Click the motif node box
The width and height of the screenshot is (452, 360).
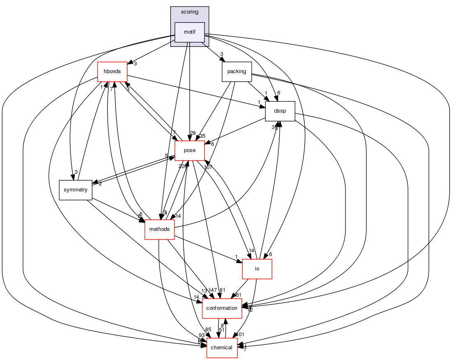coord(190,32)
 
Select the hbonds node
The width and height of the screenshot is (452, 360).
coord(112,72)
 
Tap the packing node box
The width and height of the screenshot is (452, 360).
coord(236,72)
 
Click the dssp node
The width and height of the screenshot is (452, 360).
coord(280,111)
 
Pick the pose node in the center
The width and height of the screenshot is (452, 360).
coord(190,150)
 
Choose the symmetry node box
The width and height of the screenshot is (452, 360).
coord(75,190)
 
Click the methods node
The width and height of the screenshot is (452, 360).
coord(160,229)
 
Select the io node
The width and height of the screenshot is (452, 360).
coord(257,269)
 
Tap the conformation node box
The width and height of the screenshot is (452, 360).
coord(222,308)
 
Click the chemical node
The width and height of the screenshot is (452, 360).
coord(222,348)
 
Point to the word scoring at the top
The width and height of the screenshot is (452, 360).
coord(190,12)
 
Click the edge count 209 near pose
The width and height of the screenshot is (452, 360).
coord(183,166)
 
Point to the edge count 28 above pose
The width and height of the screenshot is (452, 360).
coord(193,133)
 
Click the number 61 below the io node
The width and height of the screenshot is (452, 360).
coord(238,295)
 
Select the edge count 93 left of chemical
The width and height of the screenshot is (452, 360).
coord(202,335)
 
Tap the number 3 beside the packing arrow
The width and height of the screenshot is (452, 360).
coord(221,54)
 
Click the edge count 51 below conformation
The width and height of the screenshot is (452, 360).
coord(221,330)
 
